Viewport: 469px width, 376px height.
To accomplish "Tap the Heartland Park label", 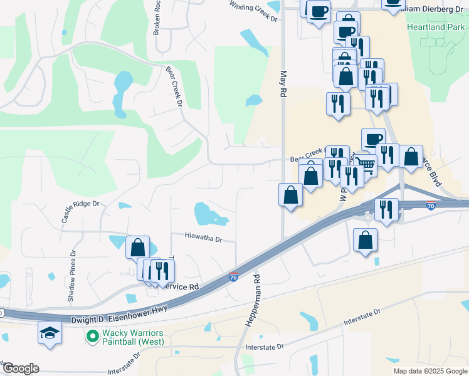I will [x=436, y=27].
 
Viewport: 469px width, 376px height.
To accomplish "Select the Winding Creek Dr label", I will [x=253, y=12].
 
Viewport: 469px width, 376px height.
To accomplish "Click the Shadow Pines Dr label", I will [x=71, y=276].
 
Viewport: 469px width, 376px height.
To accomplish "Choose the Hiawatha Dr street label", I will [x=204, y=238].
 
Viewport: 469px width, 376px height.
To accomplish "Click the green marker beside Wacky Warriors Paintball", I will [x=93, y=337].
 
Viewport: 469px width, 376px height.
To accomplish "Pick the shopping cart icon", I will [x=366, y=165].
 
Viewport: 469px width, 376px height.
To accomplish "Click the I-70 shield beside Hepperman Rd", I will [x=233, y=277].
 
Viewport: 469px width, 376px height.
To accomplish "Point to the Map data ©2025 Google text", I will [x=429, y=371].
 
